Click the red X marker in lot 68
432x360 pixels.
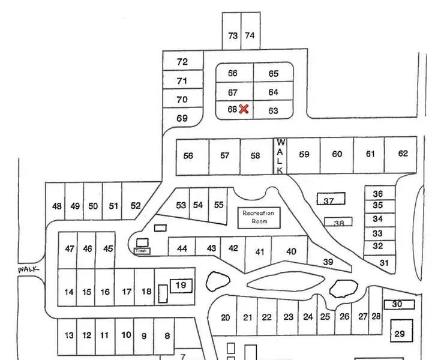click(244, 109)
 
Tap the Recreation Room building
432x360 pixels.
click(258, 217)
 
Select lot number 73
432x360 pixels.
click(233, 36)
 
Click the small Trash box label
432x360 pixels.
click(142, 250)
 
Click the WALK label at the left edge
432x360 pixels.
click(28, 270)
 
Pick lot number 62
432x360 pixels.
click(403, 154)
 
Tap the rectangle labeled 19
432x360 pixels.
click(181, 286)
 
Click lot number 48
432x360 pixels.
click(56, 206)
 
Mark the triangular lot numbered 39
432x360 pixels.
click(328, 262)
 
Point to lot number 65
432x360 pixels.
click(273, 74)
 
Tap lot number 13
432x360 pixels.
click(68, 335)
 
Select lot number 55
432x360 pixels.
click(219, 205)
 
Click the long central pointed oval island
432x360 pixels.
click(285, 282)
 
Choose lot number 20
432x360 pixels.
click(226, 317)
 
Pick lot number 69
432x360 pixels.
click(181, 119)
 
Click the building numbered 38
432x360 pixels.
click(338, 222)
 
